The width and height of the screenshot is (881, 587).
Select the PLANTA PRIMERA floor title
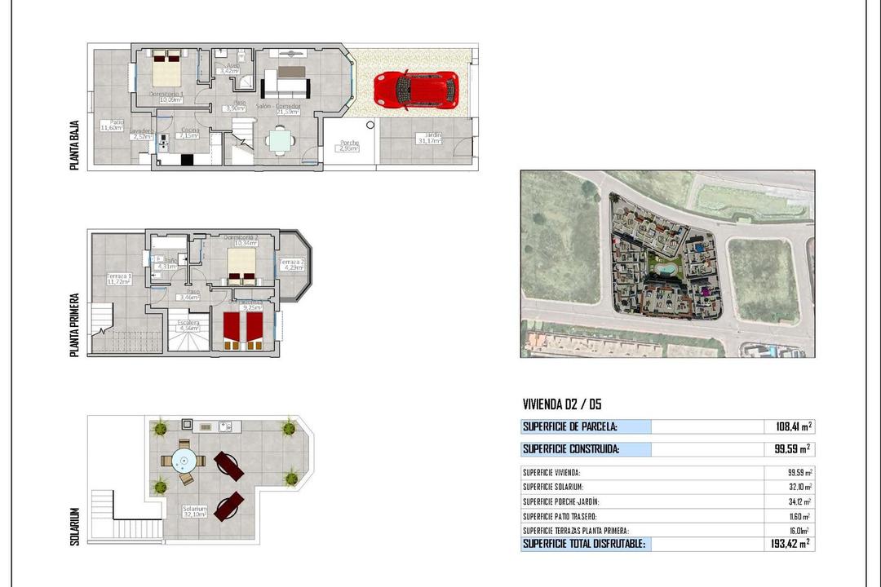(x=75, y=324)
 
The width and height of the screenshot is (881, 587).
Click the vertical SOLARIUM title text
(x=75, y=526)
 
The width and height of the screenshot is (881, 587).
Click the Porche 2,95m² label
(x=348, y=146)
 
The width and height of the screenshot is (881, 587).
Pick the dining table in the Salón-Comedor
(x=280, y=141)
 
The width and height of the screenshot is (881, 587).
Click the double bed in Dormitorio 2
(x=241, y=265)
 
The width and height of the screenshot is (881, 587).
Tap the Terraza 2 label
(x=292, y=264)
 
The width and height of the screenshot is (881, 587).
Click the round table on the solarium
(x=183, y=461)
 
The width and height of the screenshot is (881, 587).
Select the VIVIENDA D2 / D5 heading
(x=562, y=404)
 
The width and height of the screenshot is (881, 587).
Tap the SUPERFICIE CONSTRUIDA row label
(x=571, y=448)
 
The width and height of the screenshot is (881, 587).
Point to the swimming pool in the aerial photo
(x=666, y=266)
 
